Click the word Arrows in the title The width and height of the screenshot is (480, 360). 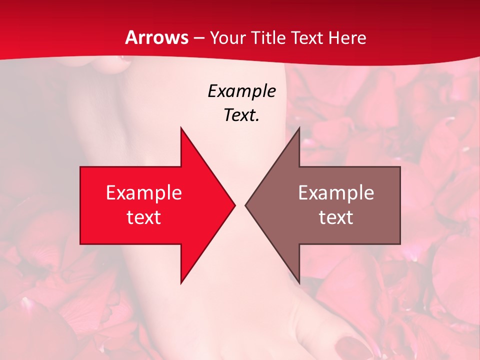tap(157, 37)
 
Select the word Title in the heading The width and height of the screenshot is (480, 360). tap(269, 38)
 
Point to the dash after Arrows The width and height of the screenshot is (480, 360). tap(199, 38)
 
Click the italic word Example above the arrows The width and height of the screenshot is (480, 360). tap(242, 91)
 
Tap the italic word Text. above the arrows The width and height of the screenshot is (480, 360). tap(242, 115)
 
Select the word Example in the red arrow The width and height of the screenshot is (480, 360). tap(144, 192)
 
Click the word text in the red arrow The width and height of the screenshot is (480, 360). tap(144, 217)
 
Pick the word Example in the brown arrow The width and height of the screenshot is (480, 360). tap(336, 192)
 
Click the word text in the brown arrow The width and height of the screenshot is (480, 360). tap(336, 217)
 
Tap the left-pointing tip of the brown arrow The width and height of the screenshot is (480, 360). tap(246, 205)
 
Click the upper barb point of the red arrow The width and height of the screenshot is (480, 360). tap(181, 128)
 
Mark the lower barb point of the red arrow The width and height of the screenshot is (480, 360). tap(181, 282)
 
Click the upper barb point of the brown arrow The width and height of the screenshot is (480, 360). tap(299, 128)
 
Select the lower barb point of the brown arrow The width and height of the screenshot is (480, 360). tap(299, 282)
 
